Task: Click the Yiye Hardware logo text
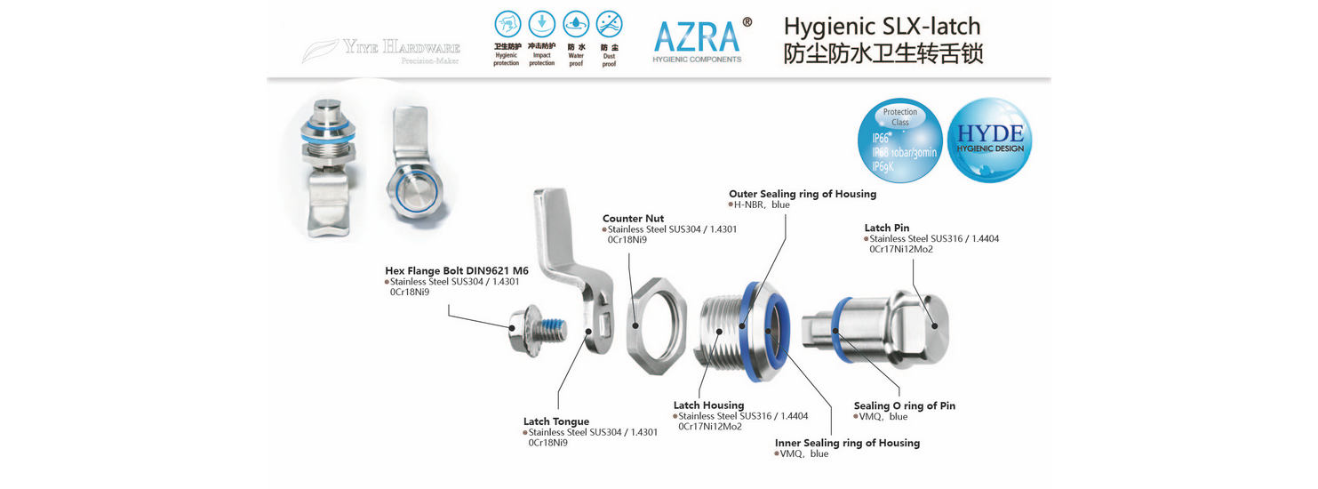pyautogui.click(x=402, y=47)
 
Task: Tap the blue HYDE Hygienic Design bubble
pyautogui.click(x=990, y=140)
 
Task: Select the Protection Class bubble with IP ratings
pyautogui.click(x=900, y=140)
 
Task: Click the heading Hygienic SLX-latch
pyautogui.click(x=883, y=26)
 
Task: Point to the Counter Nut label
pyautogui.click(x=633, y=219)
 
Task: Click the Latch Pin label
pyautogui.click(x=887, y=228)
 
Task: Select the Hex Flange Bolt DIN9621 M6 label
pyautogui.click(x=457, y=271)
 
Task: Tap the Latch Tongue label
pyautogui.click(x=556, y=421)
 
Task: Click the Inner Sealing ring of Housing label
pyautogui.click(x=847, y=443)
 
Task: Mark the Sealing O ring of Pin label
pyautogui.click(x=905, y=405)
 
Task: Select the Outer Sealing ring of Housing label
pyautogui.click(x=803, y=194)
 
